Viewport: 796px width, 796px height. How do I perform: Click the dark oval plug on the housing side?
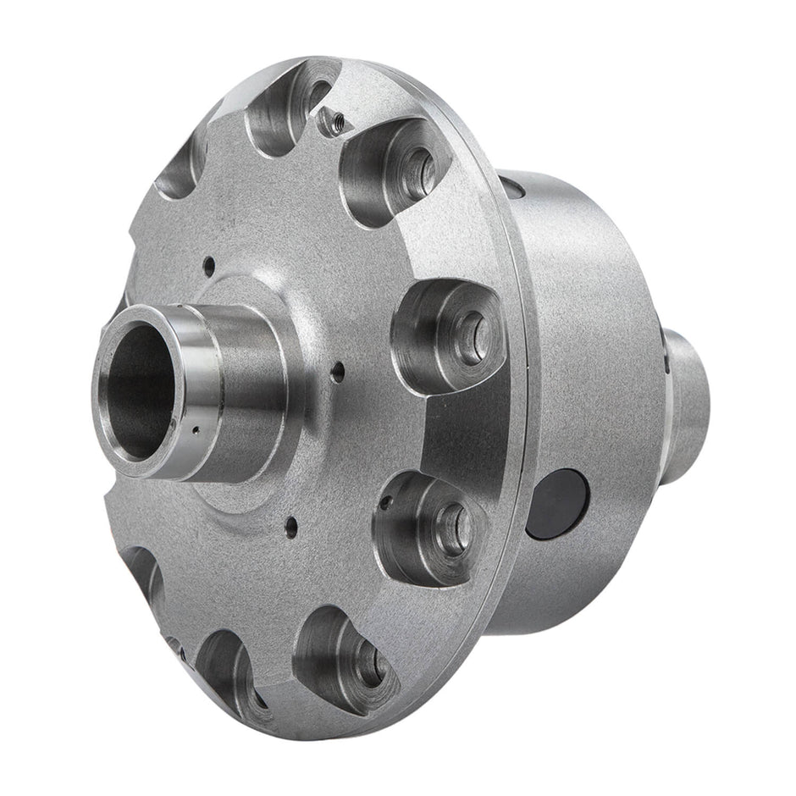[x=556, y=504]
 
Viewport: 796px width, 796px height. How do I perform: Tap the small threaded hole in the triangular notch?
[x=333, y=124]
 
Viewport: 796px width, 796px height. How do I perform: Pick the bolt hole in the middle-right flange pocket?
[x=473, y=334]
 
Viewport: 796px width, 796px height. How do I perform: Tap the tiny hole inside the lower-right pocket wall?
[x=386, y=502]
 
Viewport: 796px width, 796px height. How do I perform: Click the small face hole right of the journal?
[x=338, y=370]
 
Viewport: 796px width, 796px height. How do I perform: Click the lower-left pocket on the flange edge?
[x=144, y=576]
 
